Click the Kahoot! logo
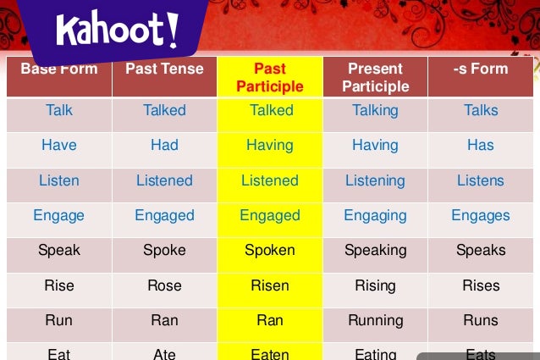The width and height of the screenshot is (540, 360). click(118, 30)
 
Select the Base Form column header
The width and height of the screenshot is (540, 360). click(59, 69)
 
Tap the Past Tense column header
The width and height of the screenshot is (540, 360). click(164, 69)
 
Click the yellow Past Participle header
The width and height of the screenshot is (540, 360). click(270, 77)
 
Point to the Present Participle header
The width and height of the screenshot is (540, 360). click(375, 77)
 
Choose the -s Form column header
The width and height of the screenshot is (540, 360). click(481, 69)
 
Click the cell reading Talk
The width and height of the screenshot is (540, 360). click(59, 110)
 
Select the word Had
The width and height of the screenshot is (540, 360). click(164, 145)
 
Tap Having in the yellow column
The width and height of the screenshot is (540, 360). click(270, 145)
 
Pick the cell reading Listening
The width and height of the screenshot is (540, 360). click(375, 180)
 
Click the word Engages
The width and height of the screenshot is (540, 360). click(481, 215)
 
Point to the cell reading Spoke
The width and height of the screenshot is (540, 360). click(164, 250)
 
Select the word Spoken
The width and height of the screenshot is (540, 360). click(270, 250)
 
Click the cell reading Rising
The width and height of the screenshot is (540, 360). click(375, 285)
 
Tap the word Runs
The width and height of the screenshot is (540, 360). click(481, 320)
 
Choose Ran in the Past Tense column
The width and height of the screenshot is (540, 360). click(164, 320)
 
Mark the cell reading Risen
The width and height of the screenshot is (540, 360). click(270, 285)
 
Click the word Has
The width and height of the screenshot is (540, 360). click(481, 145)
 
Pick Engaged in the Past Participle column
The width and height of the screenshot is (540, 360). click(270, 215)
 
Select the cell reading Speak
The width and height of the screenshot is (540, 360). click(59, 250)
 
